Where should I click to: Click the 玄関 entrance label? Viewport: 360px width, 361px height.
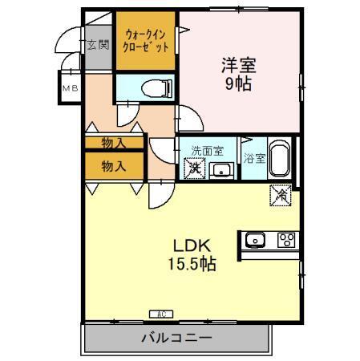98,45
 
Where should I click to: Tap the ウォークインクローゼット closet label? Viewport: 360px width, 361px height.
146,40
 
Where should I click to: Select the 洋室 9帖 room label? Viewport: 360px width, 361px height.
238,73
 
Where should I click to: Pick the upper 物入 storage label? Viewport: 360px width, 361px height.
114,143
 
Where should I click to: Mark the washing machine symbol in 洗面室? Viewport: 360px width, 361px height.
193,169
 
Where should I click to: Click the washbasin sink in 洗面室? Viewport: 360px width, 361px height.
220,170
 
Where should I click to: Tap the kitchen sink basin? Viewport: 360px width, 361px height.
256,239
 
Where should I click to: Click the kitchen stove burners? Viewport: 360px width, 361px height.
286,239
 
